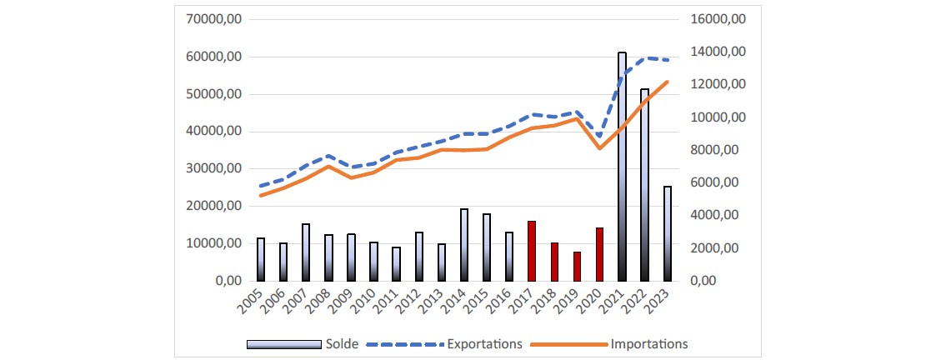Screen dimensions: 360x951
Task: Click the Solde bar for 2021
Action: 622,167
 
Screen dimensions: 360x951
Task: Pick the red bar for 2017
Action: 532,251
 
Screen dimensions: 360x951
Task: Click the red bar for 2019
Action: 577,266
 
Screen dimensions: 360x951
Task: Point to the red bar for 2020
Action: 599,254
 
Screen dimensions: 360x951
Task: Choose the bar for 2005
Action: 261,259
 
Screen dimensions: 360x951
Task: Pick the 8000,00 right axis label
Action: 718,150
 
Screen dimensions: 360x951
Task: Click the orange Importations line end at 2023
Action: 667,82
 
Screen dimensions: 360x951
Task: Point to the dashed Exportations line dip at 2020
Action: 599,136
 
